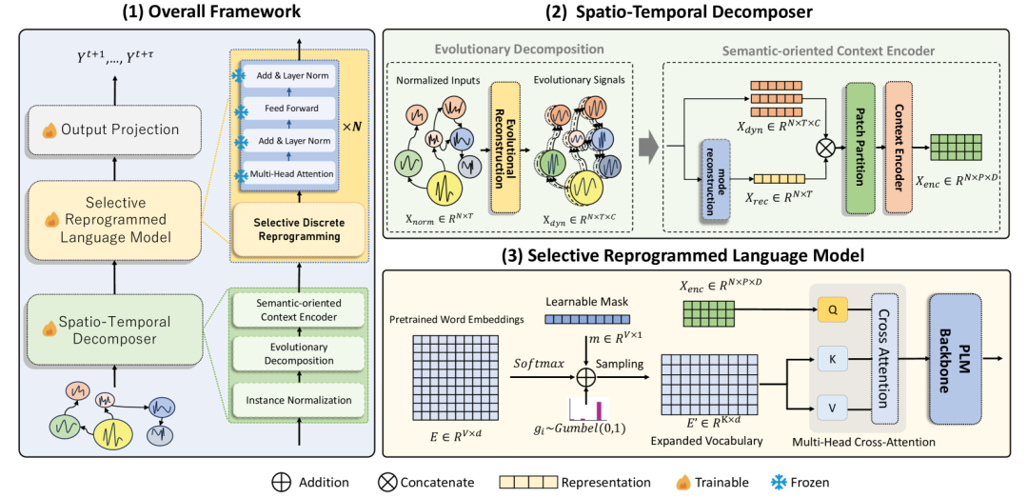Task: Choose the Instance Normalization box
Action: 298,400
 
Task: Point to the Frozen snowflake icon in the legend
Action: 779,482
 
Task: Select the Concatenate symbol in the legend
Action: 386,482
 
